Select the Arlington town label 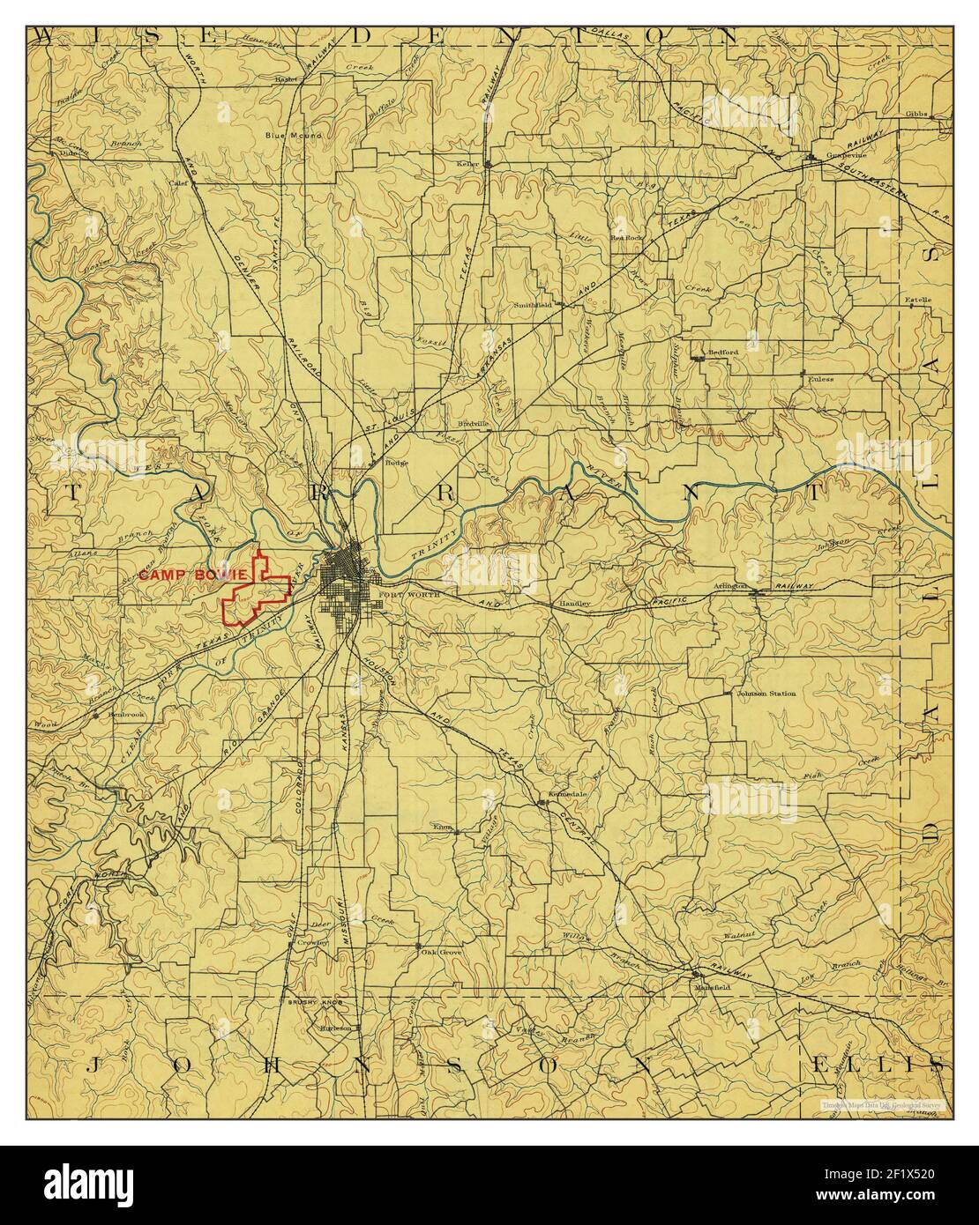[x=731, y=585]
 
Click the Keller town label [x=467, y=164]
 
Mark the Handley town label [x=575, y=604]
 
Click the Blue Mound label [x=295, y=136]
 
